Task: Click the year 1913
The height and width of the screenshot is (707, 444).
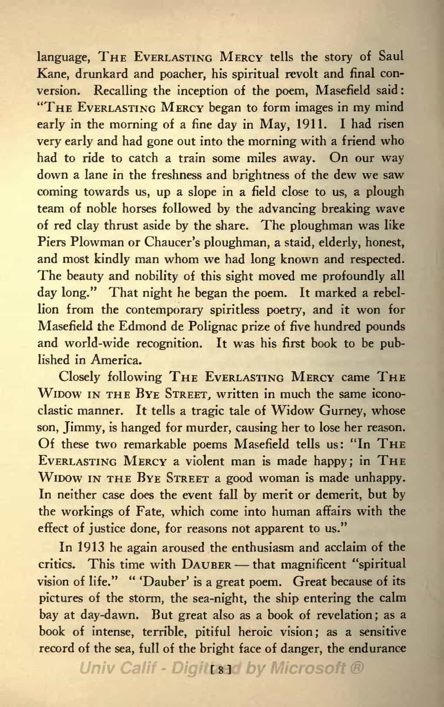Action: coord(93,547)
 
